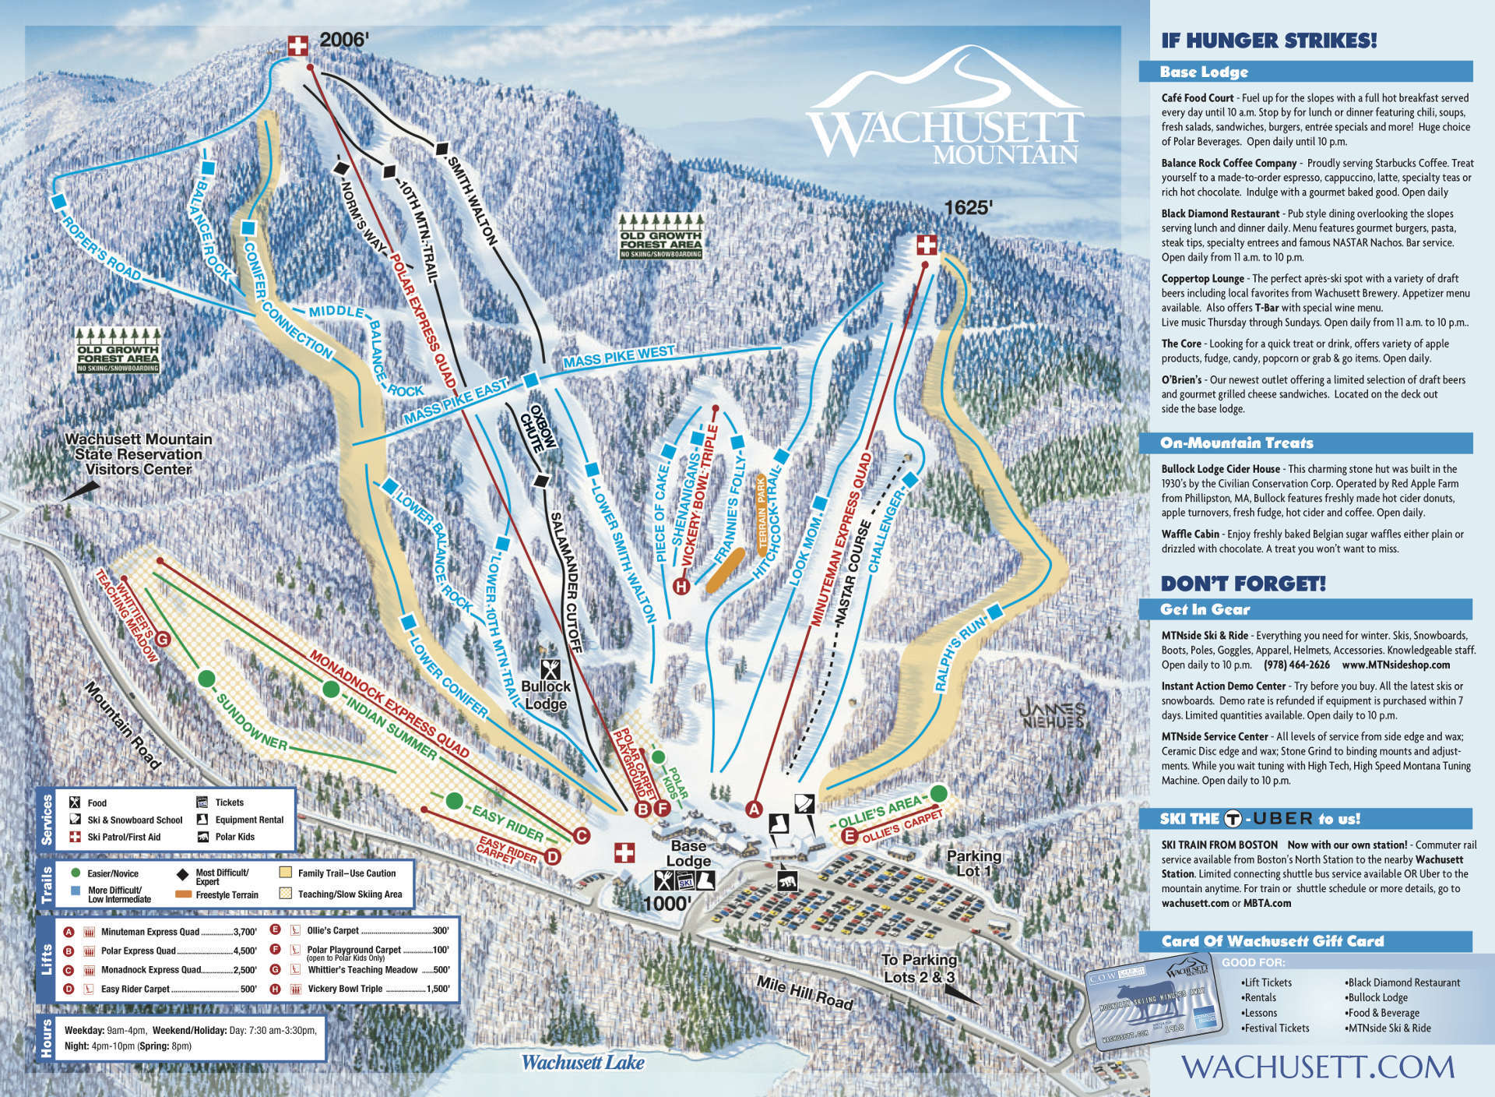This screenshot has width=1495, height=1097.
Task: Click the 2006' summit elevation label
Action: [x=343, y=40]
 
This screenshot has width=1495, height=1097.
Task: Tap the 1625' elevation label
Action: [x=968, y=208]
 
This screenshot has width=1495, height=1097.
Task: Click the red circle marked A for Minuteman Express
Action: [x=753, y=809]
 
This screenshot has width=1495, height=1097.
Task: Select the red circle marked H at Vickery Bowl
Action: [x=682, y=586]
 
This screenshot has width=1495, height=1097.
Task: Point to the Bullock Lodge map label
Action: [x=546, y=694]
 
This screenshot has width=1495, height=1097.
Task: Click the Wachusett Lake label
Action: [x=582, y=1062]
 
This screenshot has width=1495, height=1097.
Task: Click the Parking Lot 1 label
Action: [x=973, y=862]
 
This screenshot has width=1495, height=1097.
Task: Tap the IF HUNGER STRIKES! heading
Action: [x=1268, y=41]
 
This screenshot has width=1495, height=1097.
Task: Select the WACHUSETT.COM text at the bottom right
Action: [x=1317, y=1066]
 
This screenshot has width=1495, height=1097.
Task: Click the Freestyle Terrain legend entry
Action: [x=227, y=894]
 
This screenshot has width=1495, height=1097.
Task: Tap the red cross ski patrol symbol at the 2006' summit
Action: [x=297, y=46]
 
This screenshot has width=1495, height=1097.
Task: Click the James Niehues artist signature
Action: [x=1052, y=714]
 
